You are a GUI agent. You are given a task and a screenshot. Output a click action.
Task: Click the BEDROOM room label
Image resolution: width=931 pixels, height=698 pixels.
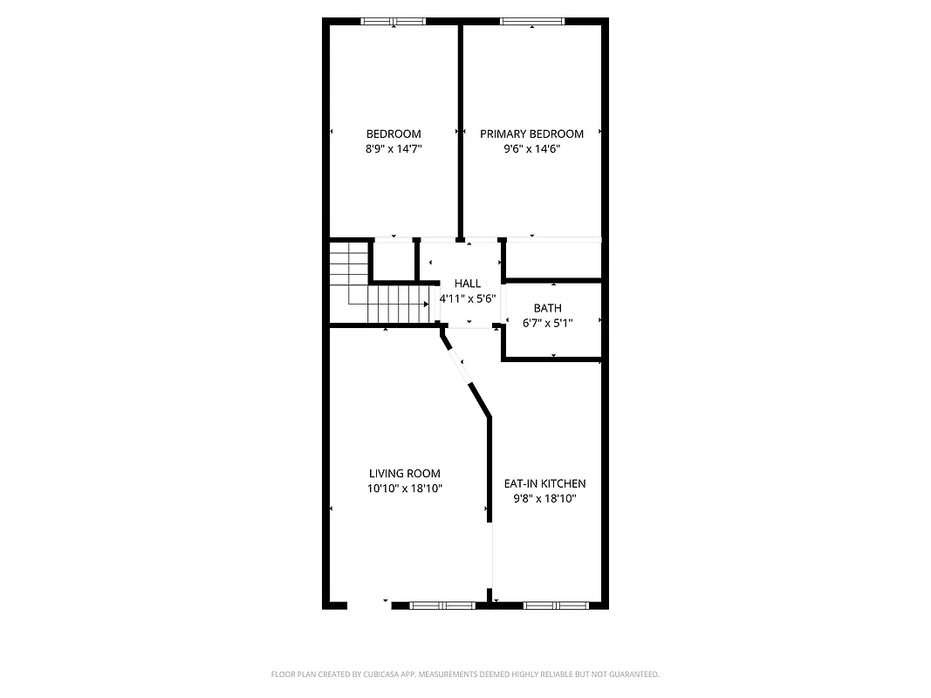(x=394, y=133)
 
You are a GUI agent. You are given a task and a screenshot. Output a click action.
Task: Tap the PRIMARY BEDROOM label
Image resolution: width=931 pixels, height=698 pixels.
(x=531, y=133)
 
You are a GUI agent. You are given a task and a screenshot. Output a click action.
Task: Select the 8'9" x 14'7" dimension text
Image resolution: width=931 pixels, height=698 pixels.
(x=394, y=149)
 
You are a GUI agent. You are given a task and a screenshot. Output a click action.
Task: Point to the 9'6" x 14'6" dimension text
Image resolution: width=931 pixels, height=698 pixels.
(x=531, y=149)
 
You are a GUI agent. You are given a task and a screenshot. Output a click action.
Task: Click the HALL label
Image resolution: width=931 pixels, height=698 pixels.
(x=468, y=284)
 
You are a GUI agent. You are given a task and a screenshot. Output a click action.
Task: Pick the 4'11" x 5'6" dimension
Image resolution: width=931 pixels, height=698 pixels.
(x=468, y=298)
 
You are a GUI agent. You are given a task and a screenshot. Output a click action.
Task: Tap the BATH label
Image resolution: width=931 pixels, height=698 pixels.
(x=548, y=308)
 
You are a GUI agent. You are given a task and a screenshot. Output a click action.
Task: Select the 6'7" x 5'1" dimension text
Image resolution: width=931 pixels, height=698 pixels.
(x=548, y=323)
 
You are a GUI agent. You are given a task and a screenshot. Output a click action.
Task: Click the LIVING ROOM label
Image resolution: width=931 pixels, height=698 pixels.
(x=405, y=474)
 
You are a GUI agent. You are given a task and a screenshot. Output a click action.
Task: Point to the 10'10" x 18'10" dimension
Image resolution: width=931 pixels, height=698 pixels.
(x=405, y=489)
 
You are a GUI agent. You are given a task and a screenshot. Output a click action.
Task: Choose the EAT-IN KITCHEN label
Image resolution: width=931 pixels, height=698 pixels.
(x=544, y=483)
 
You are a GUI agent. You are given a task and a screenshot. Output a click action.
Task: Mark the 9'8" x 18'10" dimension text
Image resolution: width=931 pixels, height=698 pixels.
(x=544, y=499)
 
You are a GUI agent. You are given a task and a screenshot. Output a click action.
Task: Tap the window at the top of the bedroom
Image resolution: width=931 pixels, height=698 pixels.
(x=393, y=21)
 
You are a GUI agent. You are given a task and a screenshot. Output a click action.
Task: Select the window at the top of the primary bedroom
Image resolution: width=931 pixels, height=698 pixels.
(x=531, y=21)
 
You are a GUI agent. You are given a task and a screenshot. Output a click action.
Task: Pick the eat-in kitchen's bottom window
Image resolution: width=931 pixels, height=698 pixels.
(x=556, y=604)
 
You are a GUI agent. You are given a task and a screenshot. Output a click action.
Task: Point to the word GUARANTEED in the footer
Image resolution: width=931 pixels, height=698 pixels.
(x=634, y=674)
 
